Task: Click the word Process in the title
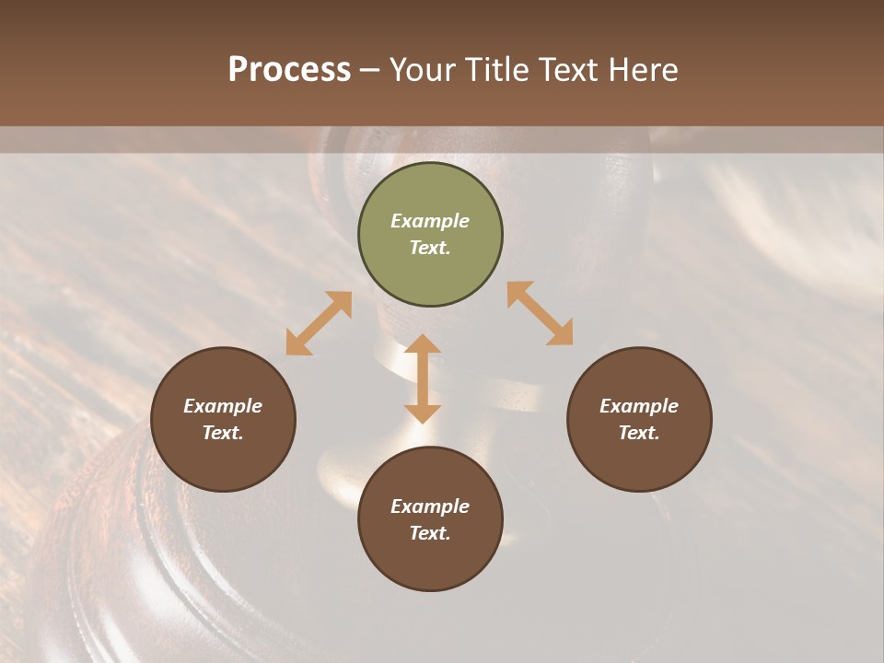click(289, 69)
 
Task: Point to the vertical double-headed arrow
click(423, 378)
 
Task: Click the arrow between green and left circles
click(319, 323)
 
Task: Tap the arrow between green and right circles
click(540, 313)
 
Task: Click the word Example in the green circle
click(430, 221)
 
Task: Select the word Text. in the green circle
click(430, 248)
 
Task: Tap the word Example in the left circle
click(223, 406)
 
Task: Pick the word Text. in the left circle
click(223, 433)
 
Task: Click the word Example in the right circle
click(639, 406)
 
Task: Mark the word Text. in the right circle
click(639, 433)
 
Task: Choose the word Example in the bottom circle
click(430, 506)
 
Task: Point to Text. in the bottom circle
click(430, 533)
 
